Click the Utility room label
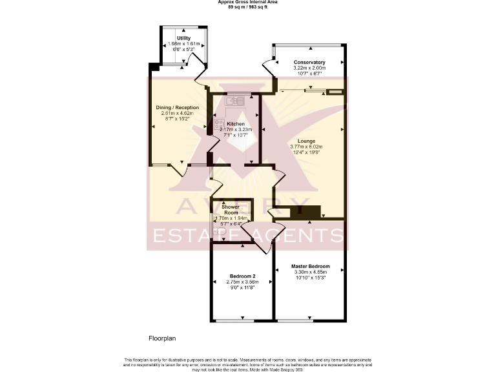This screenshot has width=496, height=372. coord(184,38)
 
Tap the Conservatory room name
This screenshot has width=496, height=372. coord(309,62)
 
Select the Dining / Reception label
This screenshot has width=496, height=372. coord(177,108)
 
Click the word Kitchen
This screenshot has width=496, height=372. coord(236,124)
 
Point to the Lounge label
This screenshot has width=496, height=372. coord(307,141)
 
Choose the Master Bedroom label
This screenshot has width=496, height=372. coord(310,267)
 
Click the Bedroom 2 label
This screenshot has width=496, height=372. coord(242,276)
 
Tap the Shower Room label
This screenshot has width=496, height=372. coord(231,209)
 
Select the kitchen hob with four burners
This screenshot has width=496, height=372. coord(220,125)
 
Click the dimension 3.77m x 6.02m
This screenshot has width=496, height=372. coord(307,147)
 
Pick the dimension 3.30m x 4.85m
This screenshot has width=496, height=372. coord(310,273)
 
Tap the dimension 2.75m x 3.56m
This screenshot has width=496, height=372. coord(242,282)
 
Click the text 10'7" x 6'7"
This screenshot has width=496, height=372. coord(309,73)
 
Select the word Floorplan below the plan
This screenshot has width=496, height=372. coord(162,338)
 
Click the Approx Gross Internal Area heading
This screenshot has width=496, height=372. coord(248,2)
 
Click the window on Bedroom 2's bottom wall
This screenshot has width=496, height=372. coord(234,321)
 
